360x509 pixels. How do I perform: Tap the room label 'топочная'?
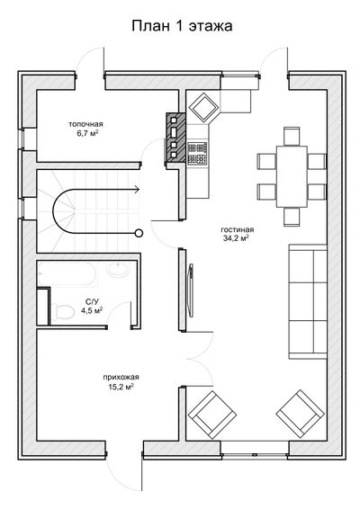click(86, 123)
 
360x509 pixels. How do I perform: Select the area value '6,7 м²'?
click(85, 133)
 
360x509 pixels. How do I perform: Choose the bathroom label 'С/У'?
click(92, 301)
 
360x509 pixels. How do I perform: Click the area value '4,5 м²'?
click(92, 310)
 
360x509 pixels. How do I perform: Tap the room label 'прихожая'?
click(121, 377)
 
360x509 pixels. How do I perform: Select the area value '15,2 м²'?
click(120, 387)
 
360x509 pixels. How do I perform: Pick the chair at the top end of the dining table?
click(291, 135)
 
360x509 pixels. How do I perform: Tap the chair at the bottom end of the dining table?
click(291, 216)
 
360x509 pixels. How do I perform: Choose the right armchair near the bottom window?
click(299, 413)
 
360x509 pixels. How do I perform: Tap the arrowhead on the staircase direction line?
click(137, 190)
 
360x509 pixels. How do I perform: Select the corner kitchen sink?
click(203, 106)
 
